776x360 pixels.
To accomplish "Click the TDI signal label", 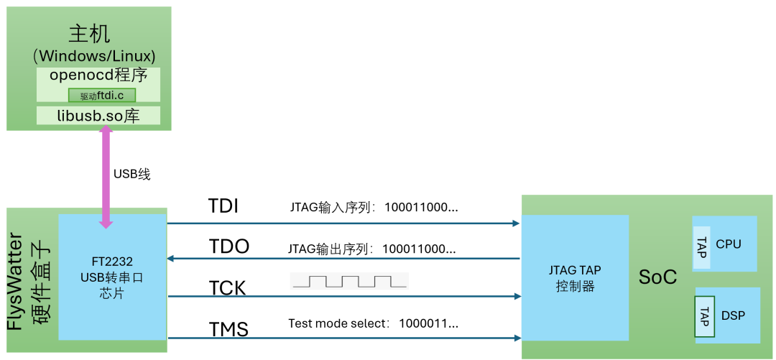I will (223, 207).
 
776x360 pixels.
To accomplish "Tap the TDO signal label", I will (228, 247).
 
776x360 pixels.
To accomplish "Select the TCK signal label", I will (227, 288).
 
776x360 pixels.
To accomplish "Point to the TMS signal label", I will (228, 330).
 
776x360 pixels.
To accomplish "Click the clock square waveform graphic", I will (349, 281).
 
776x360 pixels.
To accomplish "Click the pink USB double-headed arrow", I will (106, 175).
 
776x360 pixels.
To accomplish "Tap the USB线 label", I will (132, 174).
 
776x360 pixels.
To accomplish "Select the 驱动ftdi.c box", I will (101, 95).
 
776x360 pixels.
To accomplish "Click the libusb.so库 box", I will (98, 116).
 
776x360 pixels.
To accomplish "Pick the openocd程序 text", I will (98, 75).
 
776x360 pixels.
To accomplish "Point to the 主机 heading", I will (89, 33).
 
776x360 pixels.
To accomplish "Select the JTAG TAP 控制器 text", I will (574, 278).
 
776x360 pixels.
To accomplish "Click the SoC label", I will (657, 277).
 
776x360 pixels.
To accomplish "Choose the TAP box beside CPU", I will (702, 244).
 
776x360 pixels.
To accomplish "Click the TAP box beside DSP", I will (703, 315).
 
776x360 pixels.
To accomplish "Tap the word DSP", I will (733, 315).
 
